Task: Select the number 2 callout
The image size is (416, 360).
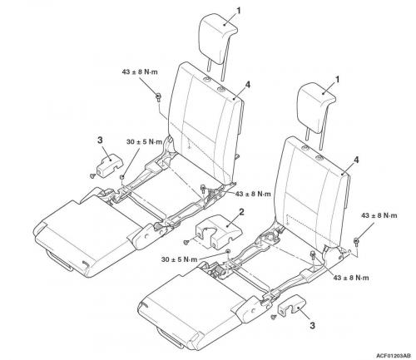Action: click(241, 212)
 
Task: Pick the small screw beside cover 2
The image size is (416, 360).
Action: click(186, 242)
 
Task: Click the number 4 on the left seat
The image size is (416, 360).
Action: click(248, 85)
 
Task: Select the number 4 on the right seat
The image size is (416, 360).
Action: click(356, 160)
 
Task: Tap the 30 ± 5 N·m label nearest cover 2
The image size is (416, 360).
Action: click(179, 259)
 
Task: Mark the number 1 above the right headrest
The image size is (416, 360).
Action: click(338, 80)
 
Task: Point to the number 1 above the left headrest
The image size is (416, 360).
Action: click(239, 11)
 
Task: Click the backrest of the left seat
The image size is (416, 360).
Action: click(206, 122)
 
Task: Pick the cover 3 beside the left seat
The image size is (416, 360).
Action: click(109, 165)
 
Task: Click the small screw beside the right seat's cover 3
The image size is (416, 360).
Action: click(275, 317)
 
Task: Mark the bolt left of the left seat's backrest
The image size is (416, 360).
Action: click(158, 97)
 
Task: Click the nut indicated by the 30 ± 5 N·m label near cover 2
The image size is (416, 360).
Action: click(228, 251)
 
